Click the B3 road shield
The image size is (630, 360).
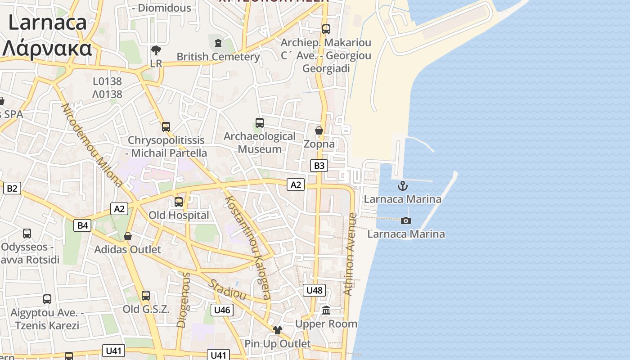(319, 166)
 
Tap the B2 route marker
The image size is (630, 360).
(12, 188)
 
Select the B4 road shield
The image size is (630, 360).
(83, 225)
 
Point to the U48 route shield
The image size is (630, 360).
(314, 290)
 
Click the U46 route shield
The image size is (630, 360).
(222, 310)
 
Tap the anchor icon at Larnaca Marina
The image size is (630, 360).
(402, 186)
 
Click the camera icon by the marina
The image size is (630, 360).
(406, 220)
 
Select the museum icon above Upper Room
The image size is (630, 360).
(326, 310)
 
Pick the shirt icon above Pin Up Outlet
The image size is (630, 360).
(277, 330)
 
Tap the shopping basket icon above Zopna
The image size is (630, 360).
(319, 130)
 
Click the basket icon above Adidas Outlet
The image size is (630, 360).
(128, 236)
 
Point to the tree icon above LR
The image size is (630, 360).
(156, 50)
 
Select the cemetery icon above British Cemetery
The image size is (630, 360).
(218, 43)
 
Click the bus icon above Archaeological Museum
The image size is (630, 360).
(259, 122)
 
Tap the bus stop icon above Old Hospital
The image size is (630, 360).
(179, 202)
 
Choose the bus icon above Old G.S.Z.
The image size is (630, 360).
(146, 296)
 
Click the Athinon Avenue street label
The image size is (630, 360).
(350, 254)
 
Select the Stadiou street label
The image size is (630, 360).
(227, 289)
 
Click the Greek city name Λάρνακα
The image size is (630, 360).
(47, 48)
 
